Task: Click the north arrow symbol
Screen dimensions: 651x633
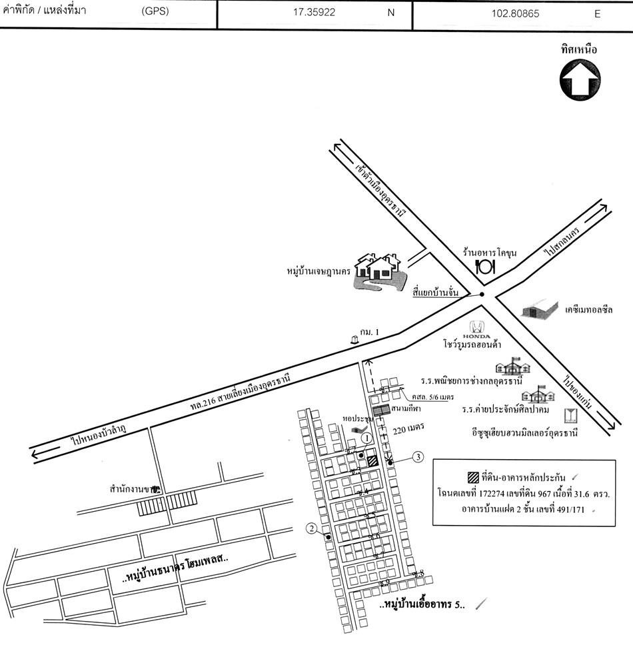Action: click(578, 79)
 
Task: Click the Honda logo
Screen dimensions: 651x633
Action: click(476, 328)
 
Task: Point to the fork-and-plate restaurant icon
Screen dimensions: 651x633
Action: click(484, 267)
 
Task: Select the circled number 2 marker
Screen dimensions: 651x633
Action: click(311, 529)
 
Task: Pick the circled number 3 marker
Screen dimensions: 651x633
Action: click(417, 457)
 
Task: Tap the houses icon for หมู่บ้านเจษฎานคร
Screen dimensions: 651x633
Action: click(376, 269)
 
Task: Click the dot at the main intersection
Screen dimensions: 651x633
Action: click(482, 295)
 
